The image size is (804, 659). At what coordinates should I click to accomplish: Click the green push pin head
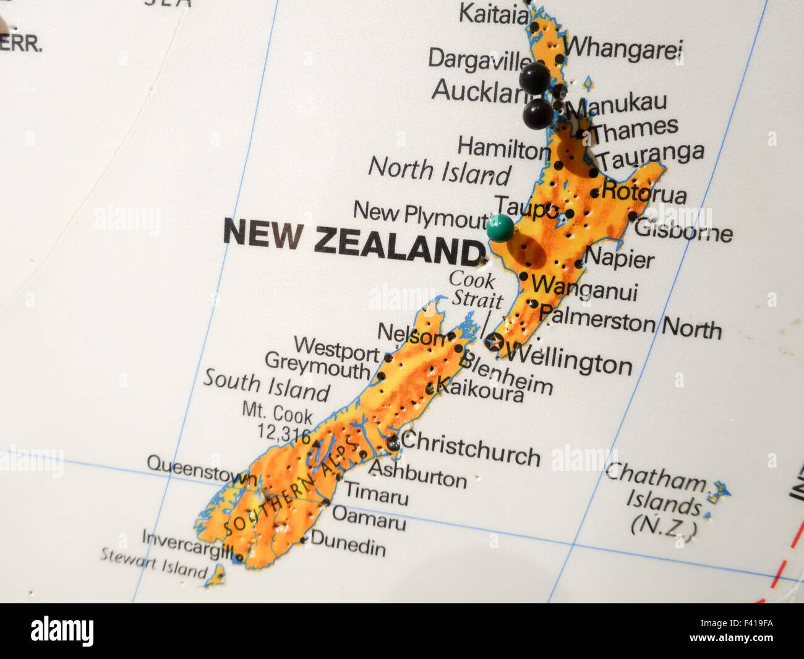500,227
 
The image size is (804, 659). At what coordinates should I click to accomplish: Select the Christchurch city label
471,448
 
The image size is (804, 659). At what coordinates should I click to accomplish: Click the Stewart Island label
154,562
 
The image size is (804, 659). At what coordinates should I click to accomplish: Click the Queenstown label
202,471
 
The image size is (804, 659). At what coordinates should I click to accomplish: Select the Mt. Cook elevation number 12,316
285,434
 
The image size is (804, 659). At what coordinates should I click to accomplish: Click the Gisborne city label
683,230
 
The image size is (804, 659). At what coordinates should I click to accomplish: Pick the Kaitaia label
493,14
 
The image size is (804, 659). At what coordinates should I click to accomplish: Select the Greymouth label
317,367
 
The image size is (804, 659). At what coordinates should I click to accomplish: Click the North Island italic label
439,171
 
